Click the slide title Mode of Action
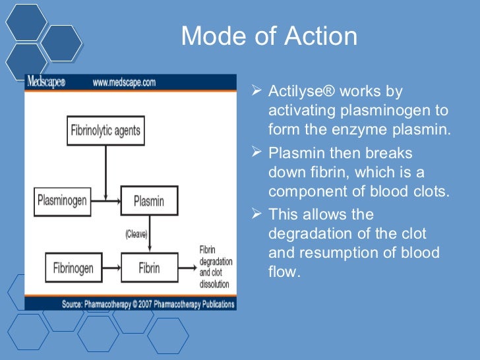(269, 36)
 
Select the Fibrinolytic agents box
(105, 131)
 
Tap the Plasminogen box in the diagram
(62, 200)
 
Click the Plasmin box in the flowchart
(148, 200)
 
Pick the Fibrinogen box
(74, 268)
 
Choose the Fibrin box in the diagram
(148, 269)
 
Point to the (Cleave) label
(136, 234)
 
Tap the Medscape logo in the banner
(47, 82)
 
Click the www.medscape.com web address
(124, 82)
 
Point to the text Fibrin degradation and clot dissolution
(214, 266)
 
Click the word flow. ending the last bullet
(284, 271)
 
